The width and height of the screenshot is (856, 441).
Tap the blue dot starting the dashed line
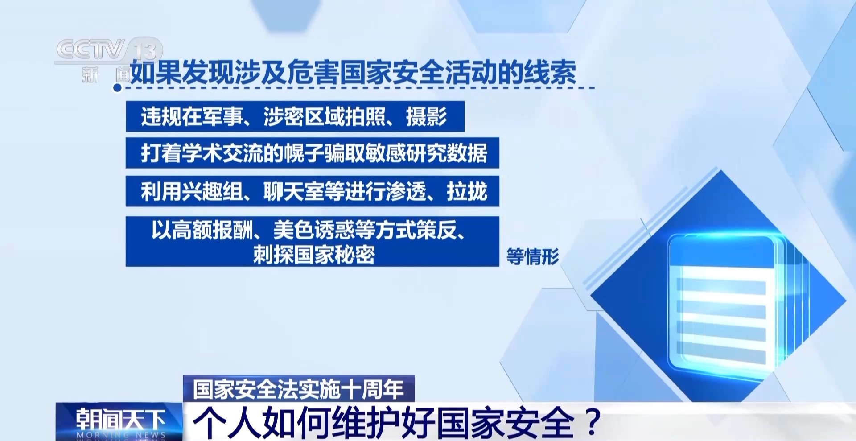pyautogui.click(x=117, y=88)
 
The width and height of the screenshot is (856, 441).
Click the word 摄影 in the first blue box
pyautogui.click(x=426, y=117)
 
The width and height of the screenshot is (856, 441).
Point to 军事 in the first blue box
pyautogui.click(x=222, y=117)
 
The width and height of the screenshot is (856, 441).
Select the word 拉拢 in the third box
pyautogui.click(x=467, y=191)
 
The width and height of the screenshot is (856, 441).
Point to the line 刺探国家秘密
pyautogui.click(x=314, y=255)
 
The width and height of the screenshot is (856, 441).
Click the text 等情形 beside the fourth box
pyautogui.click(x=532, y=256)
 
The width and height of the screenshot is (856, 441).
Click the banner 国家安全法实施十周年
pyautogui.click(x=299, y=389)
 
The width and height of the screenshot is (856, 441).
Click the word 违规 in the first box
pyautogui.click(x=161, y=117)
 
